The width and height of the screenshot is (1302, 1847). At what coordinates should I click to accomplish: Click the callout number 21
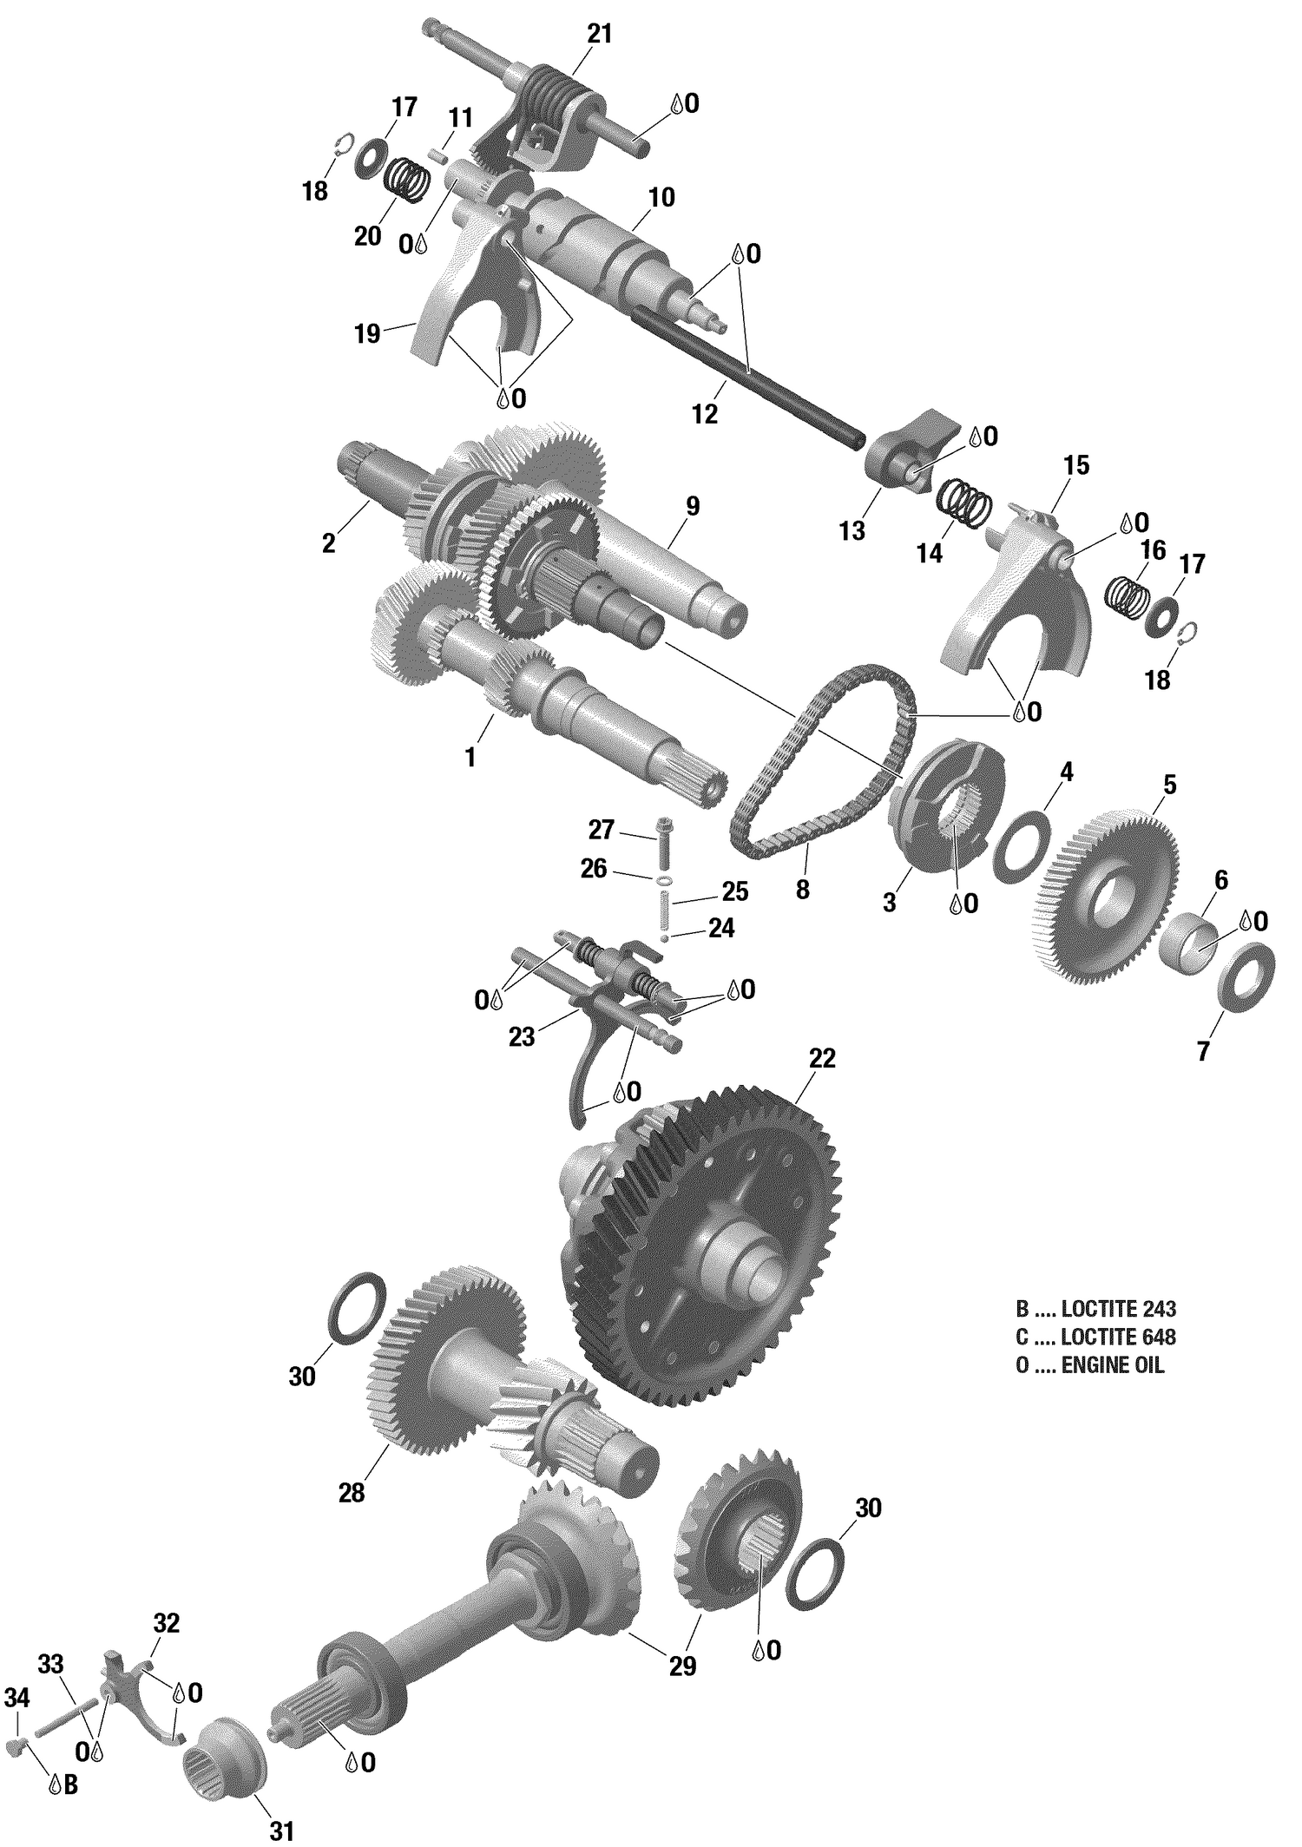coord(599,34)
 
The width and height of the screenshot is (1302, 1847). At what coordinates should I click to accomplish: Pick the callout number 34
coord(17,1698)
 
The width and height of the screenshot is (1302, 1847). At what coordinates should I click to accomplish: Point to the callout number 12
coord(705,414)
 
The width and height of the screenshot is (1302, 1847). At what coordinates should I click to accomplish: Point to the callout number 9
coord(691,506)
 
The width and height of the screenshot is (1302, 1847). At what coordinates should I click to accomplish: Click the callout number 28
coord(352,1493)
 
